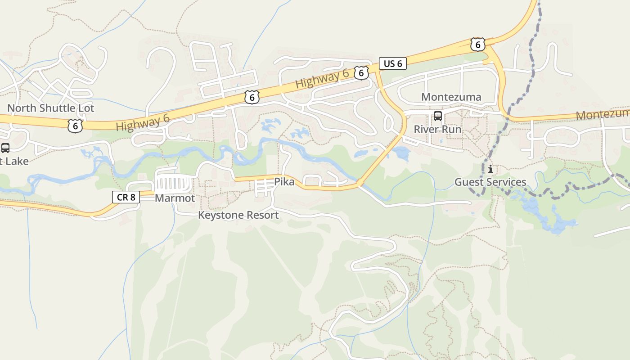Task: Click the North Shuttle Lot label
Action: (x=50, y=108)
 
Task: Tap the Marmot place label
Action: (x=175, y=198)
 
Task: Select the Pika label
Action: (x=284, y=182)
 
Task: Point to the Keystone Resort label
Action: (x=238, y=216)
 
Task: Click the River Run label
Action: (x=437, y=130)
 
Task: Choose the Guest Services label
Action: (x=490, y=182)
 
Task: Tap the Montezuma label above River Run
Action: (x=451, y=97)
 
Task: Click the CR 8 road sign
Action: (x=126, y=197)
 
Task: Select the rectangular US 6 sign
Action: (x=392, y=64)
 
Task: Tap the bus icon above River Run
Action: (x=437, y=117)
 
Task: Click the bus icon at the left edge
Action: (x=5, y=148)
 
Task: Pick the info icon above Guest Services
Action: (x=490, y=170)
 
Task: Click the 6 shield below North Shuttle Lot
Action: (x=75, y=126)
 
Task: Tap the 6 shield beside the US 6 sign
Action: (x=361, y=73)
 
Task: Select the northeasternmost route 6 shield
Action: (x=477, y=44)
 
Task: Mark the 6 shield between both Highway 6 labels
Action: (x=252, y=97)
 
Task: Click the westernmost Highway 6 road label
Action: (x=142, y=122)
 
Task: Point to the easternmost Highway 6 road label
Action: (x=322, y=80)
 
